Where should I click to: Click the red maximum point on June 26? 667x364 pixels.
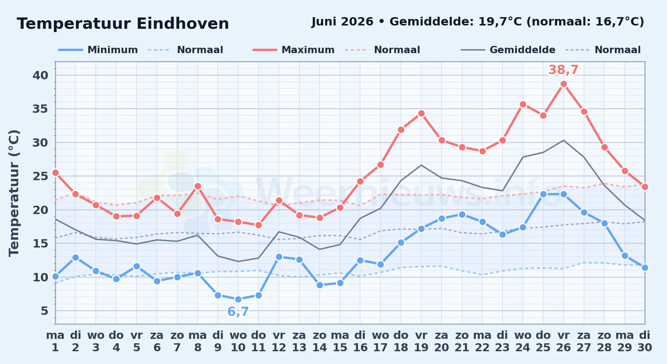click(x=564, y=84)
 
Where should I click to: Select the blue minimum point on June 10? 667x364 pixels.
click(x=238, y=300)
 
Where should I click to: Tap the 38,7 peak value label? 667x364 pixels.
click(x=563, y=70)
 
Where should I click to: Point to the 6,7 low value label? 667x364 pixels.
click(x=238, y=312)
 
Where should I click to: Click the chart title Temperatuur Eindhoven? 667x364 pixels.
click(x=123, y=24)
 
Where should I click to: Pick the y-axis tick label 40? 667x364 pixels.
click(x=40, y=75)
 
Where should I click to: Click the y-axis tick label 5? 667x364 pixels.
click(x=44, y=311)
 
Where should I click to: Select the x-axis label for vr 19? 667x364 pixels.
click(x=421, y=341)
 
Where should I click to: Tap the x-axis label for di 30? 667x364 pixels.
click(x=644, y=341)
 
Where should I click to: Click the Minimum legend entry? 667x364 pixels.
click(x=98, y=50)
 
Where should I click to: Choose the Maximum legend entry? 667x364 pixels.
click(x=293, y=50)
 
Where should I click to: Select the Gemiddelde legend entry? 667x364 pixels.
click(x=508, y=50)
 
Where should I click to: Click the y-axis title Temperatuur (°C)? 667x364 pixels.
click(x=14, y=193)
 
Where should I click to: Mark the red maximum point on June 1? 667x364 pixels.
click(x=55, y=173)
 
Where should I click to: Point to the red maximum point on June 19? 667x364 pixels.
click(x=421, y=114)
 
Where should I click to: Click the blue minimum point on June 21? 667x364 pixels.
click(x=462, y=215)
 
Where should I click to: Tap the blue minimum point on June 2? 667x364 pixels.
click(x=75, y=258)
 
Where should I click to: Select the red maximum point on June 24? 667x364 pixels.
click(x=523, y=104)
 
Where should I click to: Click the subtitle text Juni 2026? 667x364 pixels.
click(x=343, y=22)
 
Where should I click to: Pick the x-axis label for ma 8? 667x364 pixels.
click(x=198, y=341)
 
